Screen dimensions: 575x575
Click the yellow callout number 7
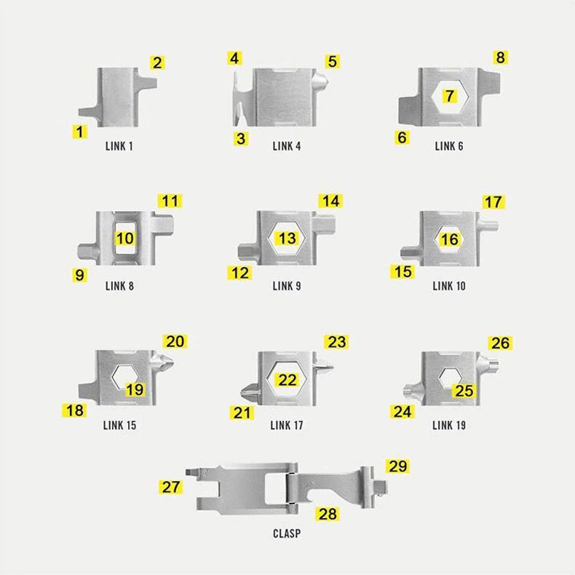[x=450, y=96]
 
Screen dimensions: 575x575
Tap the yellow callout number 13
[x=287, y=238]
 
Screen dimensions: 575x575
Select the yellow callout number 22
[x=287, y=379]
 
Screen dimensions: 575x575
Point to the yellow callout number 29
[x=397, y=466]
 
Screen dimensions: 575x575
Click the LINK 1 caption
[x=119, y=146]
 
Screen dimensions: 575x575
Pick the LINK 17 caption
[x=287, y=425]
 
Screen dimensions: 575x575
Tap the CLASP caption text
[x=287, y=534]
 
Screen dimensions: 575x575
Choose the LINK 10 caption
[x=449, y=286]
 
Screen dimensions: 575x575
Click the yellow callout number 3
[x=241, y=138]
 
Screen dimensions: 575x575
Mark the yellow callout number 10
[x=124, y=238]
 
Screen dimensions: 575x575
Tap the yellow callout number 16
[x=449, y=239]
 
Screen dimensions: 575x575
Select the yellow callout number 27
[x=171, y=487]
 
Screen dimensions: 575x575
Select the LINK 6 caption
[x=449, y=146]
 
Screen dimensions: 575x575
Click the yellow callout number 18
[x=75, y=411]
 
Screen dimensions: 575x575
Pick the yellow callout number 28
[x=327, y=514]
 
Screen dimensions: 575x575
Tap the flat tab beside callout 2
[x=148, y=82]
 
